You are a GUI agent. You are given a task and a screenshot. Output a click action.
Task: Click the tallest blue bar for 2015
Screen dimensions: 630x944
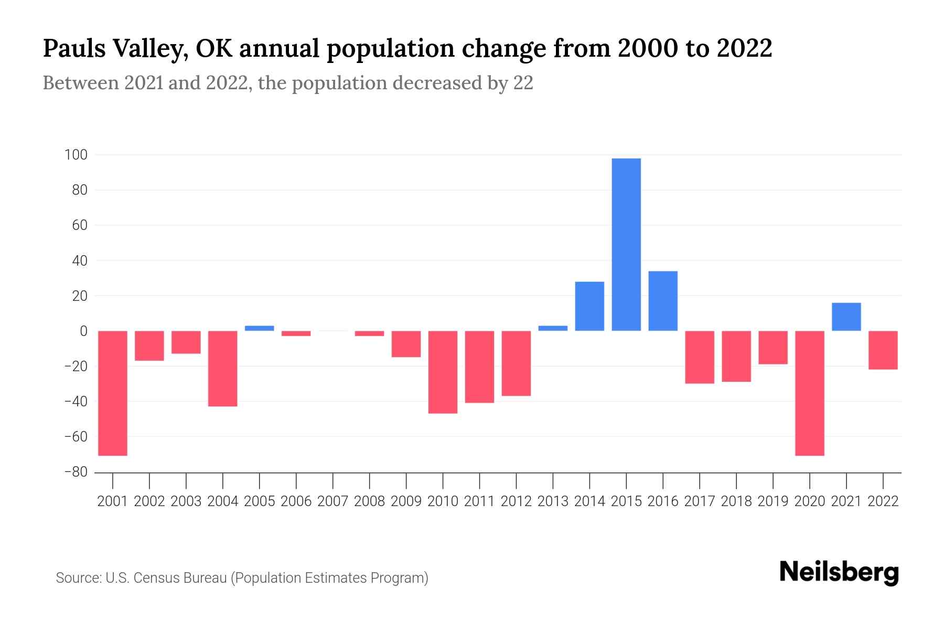pyautogui.click(x=626, y=245)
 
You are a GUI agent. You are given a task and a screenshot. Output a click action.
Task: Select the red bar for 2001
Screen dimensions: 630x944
pyautogui.click(x=113, y=393)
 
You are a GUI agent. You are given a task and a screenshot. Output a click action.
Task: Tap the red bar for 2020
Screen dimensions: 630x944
pyautogui.click(x=810, y=393)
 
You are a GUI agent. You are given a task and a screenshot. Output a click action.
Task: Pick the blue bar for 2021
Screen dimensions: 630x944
pyautogui.click(x=846, y=317)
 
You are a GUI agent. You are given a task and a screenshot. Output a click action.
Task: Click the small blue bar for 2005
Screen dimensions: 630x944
pyautogui.click(x=260, y=328)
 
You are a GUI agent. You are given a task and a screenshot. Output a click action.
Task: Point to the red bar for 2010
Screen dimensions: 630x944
pyautogui.click(x=443, y=372)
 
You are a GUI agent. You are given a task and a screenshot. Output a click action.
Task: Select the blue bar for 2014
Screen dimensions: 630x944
pyautogui.click(x=589, y=307)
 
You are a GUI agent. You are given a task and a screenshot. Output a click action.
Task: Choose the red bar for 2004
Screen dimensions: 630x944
pyautogui.click(x=223, y=369)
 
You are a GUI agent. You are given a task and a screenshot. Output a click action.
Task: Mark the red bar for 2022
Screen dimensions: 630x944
pyautogui.click(x=883, y=350)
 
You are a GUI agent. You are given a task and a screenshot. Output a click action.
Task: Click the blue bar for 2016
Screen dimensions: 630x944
pyautogui.click(x=663, y=301)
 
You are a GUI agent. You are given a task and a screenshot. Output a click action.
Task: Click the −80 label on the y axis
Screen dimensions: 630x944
pyautogui.click(x=75, y=472)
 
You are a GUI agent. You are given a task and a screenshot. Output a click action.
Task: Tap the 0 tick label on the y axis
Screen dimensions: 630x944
pyautogui.click(x=83, y=331)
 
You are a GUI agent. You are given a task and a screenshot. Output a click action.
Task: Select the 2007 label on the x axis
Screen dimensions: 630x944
pyautogui.click(x=333, y=501)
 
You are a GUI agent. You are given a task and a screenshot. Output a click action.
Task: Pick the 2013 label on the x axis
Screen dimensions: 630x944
pyautogui.click(x=553, y=501)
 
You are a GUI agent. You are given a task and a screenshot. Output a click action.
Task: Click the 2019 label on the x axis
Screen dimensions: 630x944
pyautogui.click(x=773, y=501)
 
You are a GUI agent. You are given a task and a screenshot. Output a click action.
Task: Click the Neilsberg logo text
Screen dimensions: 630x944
pyautogui.click(x=839, y=573)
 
